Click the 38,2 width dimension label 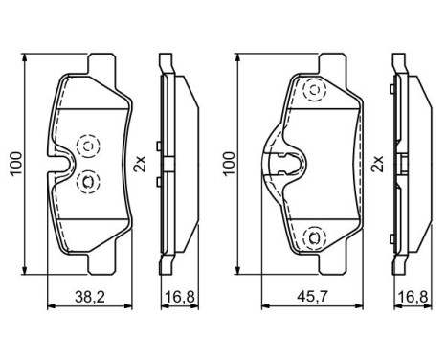(88, 297)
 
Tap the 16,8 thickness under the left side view (173, 297)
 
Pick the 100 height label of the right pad (229, 165)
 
